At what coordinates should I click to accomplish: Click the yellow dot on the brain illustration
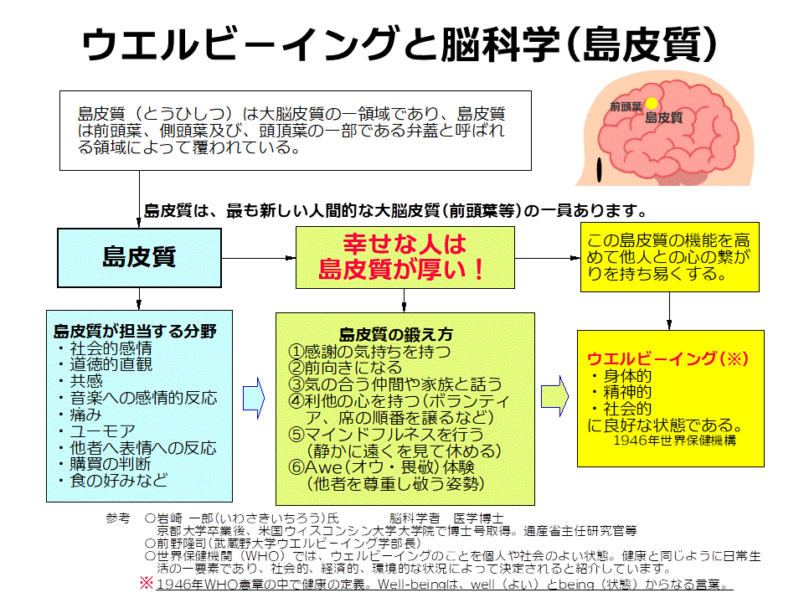tap(652, 104)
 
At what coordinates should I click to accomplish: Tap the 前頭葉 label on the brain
tap(626, 106)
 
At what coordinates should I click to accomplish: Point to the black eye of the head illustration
tap(599, 170)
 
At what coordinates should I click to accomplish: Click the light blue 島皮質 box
tap(139, 257)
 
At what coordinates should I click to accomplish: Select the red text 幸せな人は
tap(405, 244)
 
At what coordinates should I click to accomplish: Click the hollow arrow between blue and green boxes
tap(253, 399)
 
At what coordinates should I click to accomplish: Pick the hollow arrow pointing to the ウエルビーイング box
tap(554, 396)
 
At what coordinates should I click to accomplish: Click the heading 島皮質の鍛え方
tap(396, 334)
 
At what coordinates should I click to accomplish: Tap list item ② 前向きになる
tap(345, 368)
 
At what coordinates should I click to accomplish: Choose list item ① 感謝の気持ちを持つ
tap(369, 351)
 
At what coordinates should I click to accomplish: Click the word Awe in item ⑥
tap(323, 467)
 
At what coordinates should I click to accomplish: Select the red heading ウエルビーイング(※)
tap(667, 358)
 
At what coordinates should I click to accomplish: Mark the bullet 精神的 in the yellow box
tap(621, 392)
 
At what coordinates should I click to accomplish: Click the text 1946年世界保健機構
tap(675, 440)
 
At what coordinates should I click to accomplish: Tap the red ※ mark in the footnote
tap(146, 583)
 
